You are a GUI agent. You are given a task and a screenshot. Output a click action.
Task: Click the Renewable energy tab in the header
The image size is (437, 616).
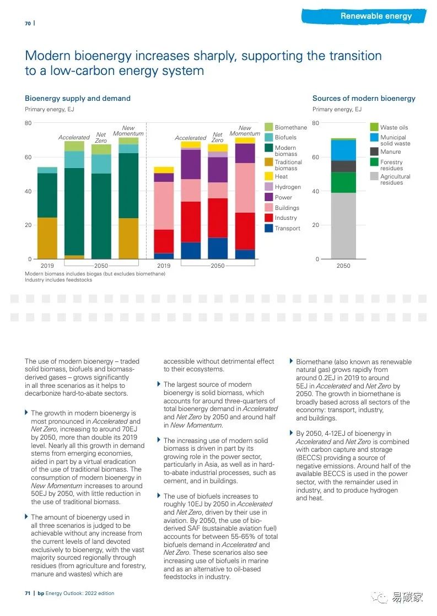point(376,16)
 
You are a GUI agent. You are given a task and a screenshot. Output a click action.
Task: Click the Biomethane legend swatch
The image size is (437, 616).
point(269,127)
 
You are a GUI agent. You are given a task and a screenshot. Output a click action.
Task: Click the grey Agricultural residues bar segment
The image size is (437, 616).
point(343,225)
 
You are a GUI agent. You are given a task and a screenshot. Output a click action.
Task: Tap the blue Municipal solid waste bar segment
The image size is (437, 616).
point(343,150)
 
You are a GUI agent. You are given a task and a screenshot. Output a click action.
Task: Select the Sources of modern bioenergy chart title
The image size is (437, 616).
point(364,99)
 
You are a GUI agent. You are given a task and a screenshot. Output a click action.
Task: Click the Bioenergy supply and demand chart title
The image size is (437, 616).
point(78,99)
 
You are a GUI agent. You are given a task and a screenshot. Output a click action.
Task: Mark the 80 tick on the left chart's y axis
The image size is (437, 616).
point(28,123)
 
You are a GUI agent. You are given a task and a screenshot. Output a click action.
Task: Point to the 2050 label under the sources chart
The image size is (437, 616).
point(343,266)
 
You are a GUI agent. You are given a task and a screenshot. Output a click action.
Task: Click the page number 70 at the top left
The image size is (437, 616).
point(28,23)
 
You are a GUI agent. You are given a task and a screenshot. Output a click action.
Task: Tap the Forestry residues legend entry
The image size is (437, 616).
point(391,165)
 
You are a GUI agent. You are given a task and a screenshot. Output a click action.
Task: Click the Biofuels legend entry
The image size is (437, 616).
point(285,137)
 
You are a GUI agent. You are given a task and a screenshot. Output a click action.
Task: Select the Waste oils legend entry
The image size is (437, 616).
point(394,127)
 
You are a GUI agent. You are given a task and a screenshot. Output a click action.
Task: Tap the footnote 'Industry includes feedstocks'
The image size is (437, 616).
point(58,279)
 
